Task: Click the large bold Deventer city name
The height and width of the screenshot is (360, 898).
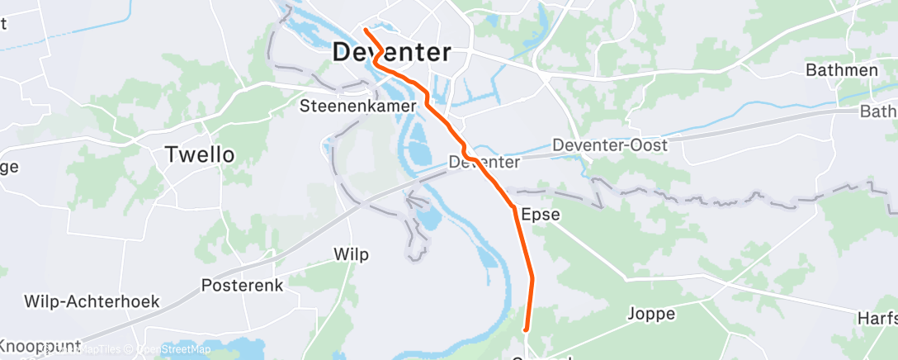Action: (x=391, y=53)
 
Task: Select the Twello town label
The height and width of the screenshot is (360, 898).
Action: (x=200, y=154)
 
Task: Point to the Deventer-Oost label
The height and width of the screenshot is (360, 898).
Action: (x=610, y=144)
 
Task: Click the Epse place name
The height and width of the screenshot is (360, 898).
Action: (x=541, y=215)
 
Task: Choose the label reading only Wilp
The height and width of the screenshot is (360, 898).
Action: (x=351, y=253)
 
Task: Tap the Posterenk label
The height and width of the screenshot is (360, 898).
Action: (x=243, y=286)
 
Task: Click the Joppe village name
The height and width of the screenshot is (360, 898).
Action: (x=651, y=314)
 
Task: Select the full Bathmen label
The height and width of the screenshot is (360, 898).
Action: (x=841, y=70)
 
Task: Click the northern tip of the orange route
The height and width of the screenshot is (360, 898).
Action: (x=364, y=31)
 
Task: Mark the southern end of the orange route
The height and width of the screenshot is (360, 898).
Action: (x=526, y=331)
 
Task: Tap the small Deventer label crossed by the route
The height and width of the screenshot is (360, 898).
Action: (x=478, y=163)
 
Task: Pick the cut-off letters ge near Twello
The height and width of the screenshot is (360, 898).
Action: (x=8, y=167)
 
